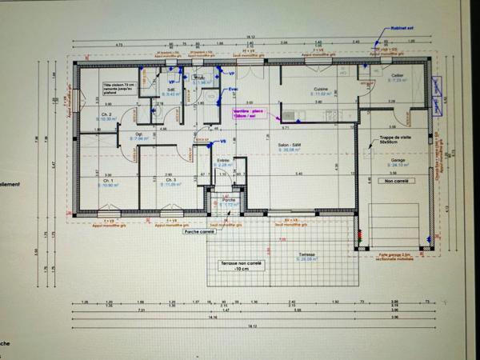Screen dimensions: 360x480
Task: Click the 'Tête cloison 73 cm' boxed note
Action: click(119, 86)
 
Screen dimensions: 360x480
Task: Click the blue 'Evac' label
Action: click(234, 89)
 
